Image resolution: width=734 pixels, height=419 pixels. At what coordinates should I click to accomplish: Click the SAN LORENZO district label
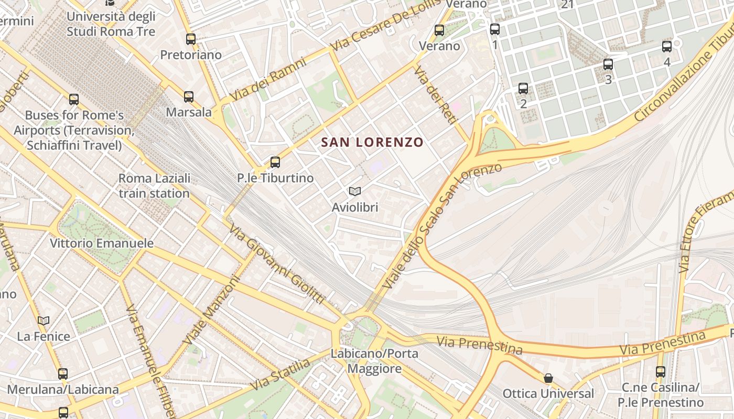[372, 142]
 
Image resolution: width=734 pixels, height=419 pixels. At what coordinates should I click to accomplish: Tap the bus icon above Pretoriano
[191, 39]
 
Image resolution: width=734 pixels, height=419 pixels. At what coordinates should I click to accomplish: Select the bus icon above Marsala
[189, 96]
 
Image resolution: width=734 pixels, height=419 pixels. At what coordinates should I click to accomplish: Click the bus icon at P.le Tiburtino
[275, 162]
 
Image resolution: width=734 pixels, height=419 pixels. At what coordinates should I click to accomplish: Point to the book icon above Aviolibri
[355, 192]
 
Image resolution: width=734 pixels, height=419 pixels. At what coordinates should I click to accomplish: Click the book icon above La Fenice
[44, 321]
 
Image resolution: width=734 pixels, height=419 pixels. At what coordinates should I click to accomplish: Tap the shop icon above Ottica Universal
[548, 378]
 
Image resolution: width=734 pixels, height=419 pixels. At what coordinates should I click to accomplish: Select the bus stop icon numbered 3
[608, 64]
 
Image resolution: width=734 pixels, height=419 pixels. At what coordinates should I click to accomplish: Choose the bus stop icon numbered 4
[667, 46]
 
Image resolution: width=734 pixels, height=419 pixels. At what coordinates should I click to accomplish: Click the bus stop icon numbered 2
[523, 88]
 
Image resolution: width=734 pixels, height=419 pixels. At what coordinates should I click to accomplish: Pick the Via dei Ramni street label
[268, 79]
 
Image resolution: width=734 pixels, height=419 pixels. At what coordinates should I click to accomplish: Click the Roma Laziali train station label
[154, 186]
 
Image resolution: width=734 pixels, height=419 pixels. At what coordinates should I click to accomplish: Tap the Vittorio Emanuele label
[102, 243]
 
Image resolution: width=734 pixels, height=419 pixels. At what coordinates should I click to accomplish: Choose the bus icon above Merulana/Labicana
[63, 373]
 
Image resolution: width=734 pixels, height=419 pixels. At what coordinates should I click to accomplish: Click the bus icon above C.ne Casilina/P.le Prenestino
[661, 372]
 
